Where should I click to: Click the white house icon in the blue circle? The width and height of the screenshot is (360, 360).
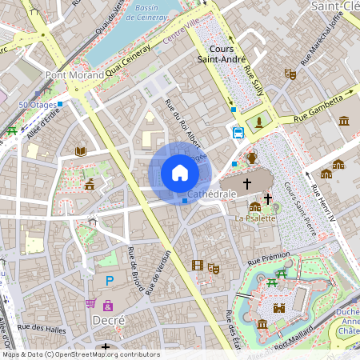click(x=179, y=173)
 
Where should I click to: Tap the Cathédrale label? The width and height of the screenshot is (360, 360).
click(x=211, y=194)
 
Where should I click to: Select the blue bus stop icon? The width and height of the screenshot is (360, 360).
click(x=238, y=132)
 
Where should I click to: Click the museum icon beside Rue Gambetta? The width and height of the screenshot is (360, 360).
click(x=344, y=121)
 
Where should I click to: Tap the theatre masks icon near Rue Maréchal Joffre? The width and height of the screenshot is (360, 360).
click(x=290, y=74)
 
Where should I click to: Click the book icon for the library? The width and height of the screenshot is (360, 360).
click(x=80, y=150)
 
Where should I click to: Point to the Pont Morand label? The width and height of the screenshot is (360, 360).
click(x=74, y=75)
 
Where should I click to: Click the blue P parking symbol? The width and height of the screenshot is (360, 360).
click(x=110, y=281)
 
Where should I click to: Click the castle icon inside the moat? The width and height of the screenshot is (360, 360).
click(x=279, y=307)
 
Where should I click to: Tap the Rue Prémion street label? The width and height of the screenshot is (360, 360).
click(x=268, y=260)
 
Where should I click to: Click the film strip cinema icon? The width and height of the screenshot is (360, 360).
click(x=198, y=265)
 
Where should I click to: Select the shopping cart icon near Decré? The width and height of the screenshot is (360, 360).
click(x=90, y=304)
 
